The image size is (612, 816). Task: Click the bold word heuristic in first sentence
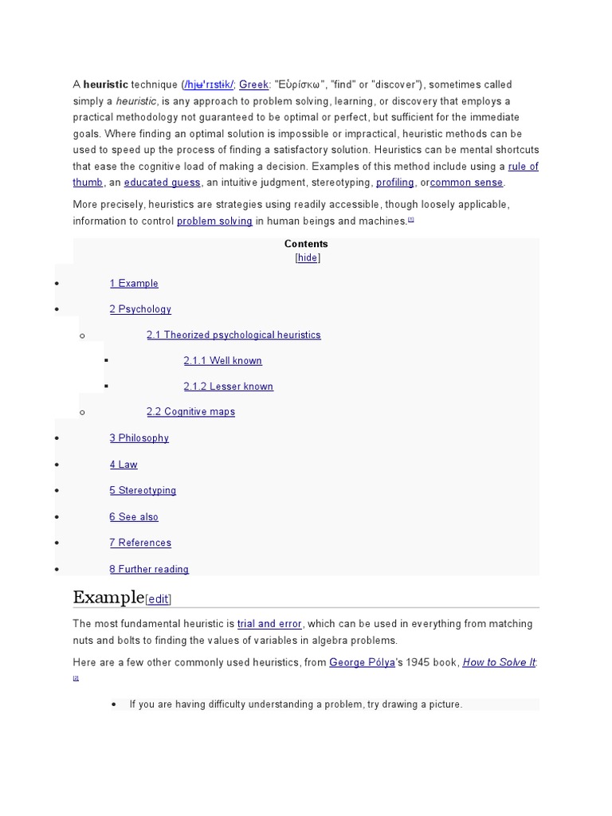pyautogui.click(x=105, y=84)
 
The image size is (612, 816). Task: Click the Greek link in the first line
pyautogui.click(x=253, y=84)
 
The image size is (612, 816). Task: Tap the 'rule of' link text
pyautogui.click(x=523, y=167)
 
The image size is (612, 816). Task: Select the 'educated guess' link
pyautogui.click(x=162, y=182)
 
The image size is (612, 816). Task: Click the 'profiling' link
pyautogui.click(x=394, y=182)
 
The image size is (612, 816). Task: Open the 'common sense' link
pyautogui.click(x=466, y=182)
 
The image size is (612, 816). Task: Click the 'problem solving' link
pyautogui.click(x=214, y=221)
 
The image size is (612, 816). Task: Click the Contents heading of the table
pyautogui.click(x=306, y=244)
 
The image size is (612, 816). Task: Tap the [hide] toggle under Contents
pyautogui.click(x=308, y=257)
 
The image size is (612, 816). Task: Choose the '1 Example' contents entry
pyautogui.click(x=134, y=283)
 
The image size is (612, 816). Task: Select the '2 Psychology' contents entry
pyautogui.click(x=140, y=309)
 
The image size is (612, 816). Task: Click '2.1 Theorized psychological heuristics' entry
pyautogui.click(x=233, y=335)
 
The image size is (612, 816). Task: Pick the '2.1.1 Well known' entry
pyautogui.click(x=222, y=361)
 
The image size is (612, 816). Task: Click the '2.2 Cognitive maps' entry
pyautogui.click(x=190, y=412)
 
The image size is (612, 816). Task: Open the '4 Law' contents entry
pyautogui.click(x=124, y=465)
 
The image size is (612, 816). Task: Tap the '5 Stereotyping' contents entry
pyautogui.click(x=143, y=491)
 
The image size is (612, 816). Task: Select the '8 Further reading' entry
pyautogui.click(x=149, y=569)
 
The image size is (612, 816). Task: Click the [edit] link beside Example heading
pyautogui.click(x=158, y=598)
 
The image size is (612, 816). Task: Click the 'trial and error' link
pyautogui.click(x=269, y=624)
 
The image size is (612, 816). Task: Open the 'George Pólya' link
pyautogui.click(x=362, y=662)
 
